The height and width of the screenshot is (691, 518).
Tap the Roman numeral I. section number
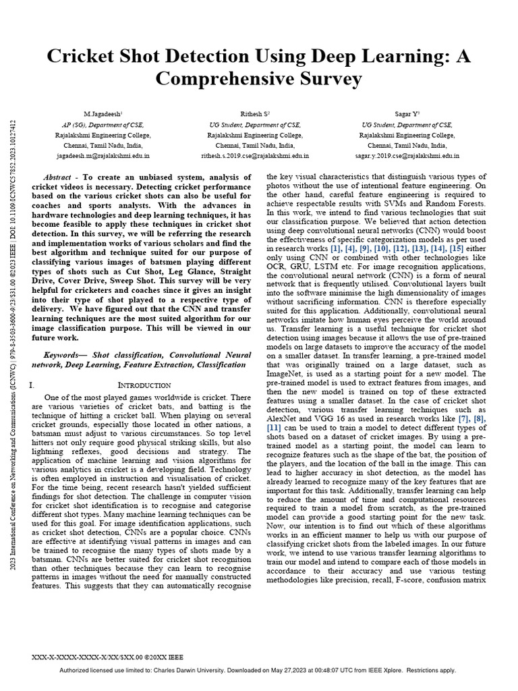33,385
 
